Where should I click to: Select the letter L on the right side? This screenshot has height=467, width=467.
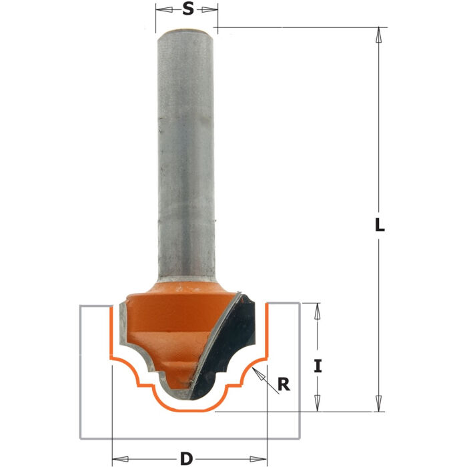click(379, 225)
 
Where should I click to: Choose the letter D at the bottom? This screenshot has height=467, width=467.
click(187, 458)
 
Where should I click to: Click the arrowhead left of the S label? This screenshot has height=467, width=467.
click(159, 9)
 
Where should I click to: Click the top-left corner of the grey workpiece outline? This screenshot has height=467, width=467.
click(81, 306)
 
